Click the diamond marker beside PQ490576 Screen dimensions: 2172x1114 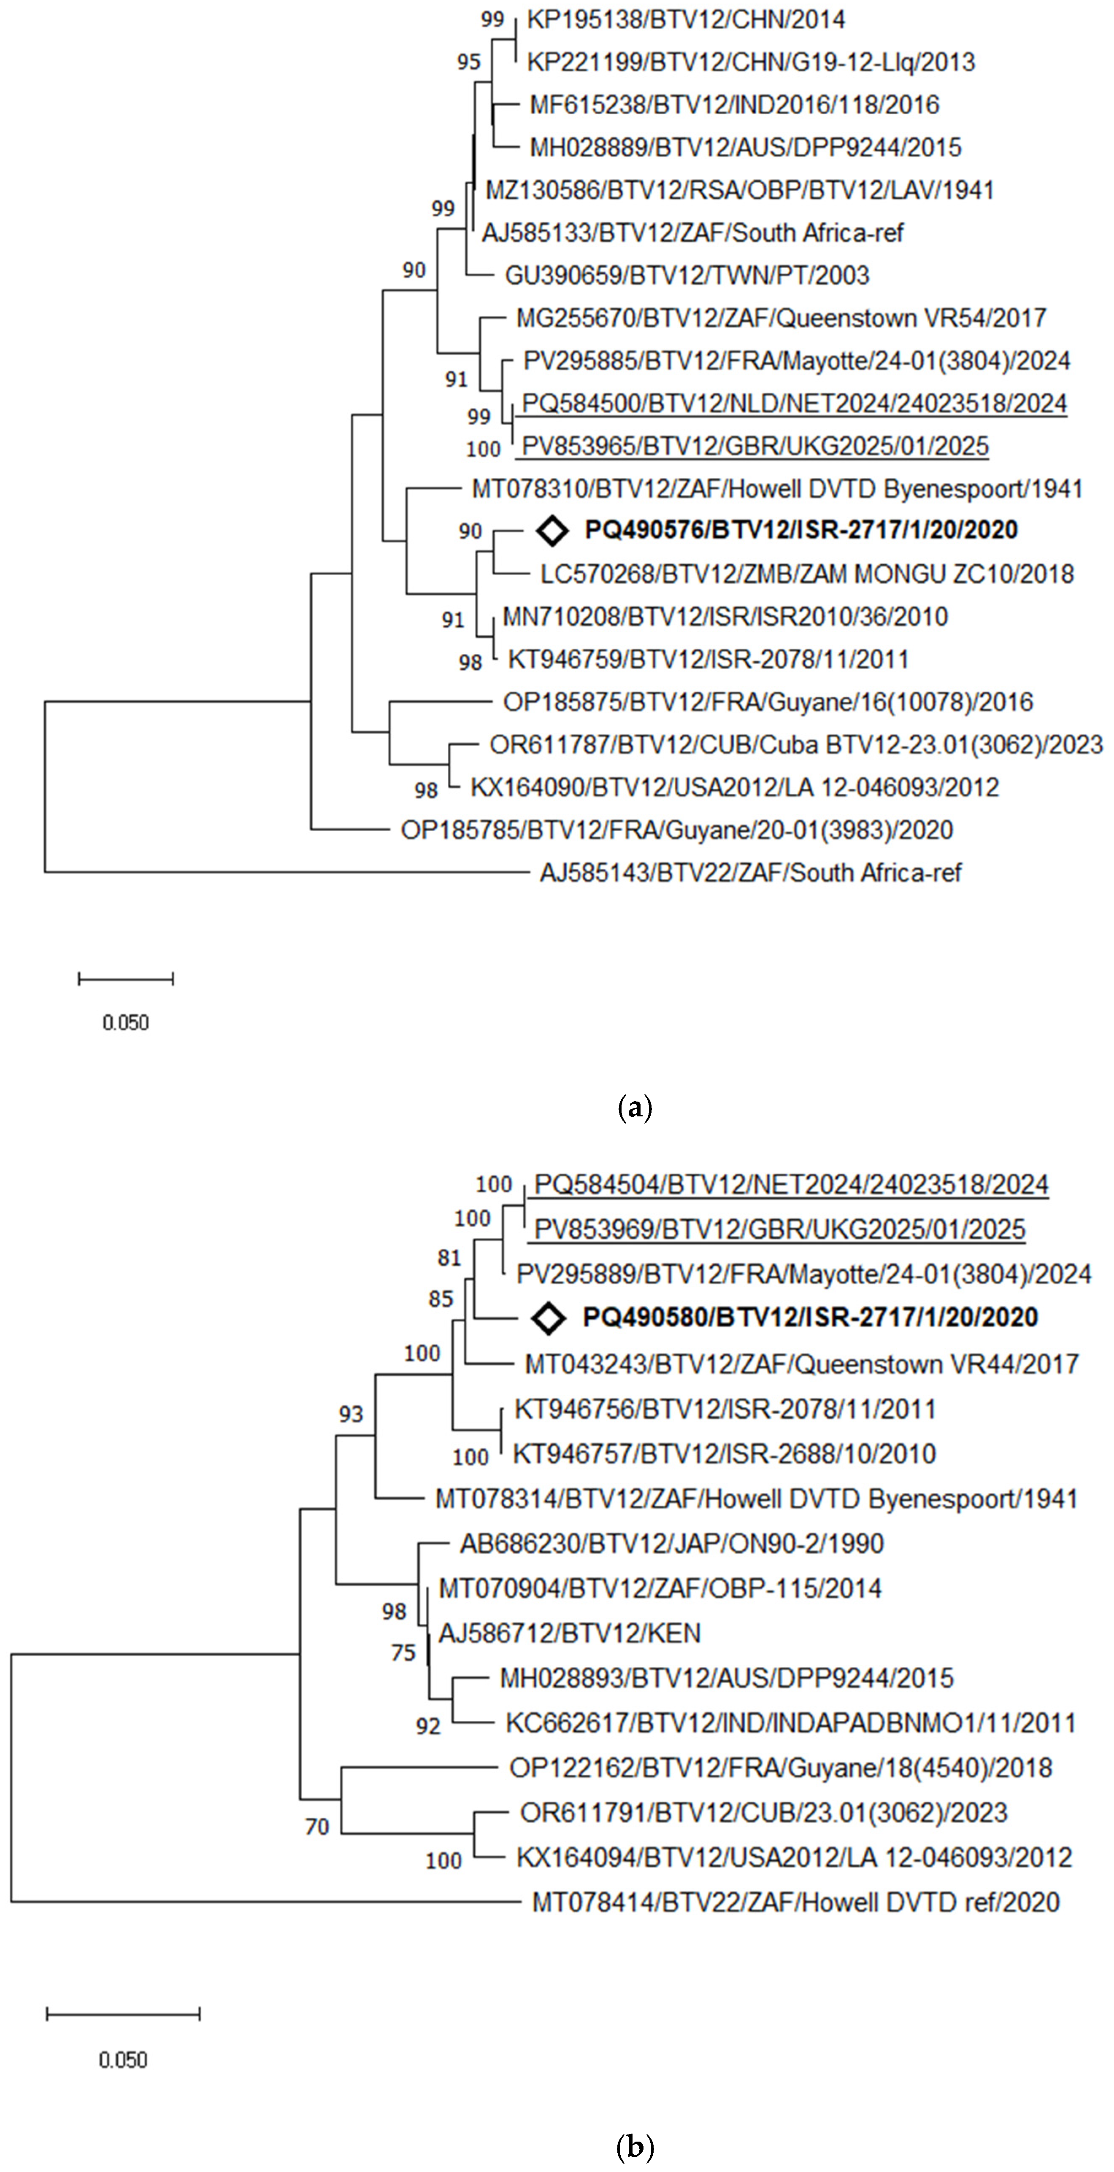pyautogui.click(x=552, y=531)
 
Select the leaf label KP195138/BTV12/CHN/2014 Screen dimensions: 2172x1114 pyautogui.click(x=686, y=19)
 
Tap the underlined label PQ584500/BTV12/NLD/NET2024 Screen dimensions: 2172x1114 pyautogui.click(x=794, y=404)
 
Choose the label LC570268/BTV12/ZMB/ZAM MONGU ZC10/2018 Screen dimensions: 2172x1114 pyautogui.click(x=806, y=574)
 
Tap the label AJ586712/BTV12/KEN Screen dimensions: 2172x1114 pyautogui.click(x=569, y=1633)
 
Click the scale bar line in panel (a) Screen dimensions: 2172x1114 pyautogui.click(x=126, y=979)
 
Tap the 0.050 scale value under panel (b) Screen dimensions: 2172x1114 pyautogui.click(x=123, y=2061)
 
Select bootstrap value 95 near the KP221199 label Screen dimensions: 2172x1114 pyautogui.click(x=469, y=62)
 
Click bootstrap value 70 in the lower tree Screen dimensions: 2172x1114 pyautogui.click(x=317, y=1827)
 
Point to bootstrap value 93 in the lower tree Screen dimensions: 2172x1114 pyautogui.click(x=351, y=1414)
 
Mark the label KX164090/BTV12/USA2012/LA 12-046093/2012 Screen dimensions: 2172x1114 pyautogui.click(x=734, y=787)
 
